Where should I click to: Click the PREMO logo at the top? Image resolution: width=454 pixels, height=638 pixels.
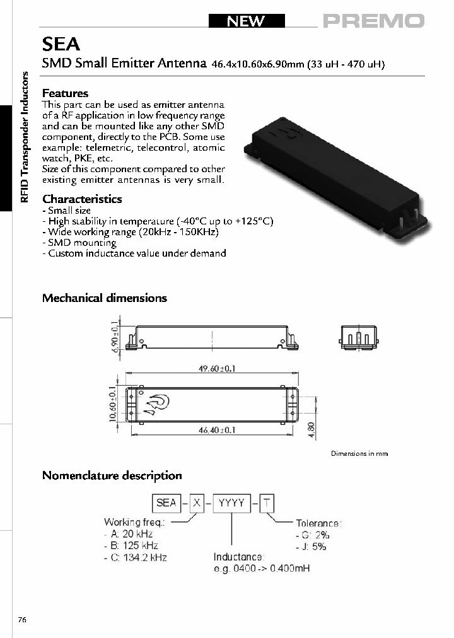click(x=374, y=21)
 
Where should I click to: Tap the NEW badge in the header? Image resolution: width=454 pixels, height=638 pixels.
click(x=247, y=21)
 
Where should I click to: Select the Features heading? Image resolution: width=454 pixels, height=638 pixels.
click(x=65, y=93)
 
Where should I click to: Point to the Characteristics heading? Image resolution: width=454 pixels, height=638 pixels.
click(x=82, y=199)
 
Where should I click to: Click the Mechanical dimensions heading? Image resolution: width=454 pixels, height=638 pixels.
click(x=104, y=298)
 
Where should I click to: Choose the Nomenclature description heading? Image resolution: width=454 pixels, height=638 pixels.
click(x=112, y=475)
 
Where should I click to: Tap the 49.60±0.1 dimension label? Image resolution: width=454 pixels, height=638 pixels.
click(x=212, y=369)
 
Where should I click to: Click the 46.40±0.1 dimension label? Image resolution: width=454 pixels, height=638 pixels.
click(x=212, y=430)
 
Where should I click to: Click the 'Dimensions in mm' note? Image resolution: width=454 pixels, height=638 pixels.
click(x=359, y=453)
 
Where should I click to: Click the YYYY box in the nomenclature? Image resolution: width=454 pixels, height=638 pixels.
click(x=231, y=502)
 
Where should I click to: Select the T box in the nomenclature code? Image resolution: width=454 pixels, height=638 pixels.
click(x=268, y=502)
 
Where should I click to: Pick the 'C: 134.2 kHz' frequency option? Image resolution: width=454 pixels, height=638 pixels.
click(x=136, y=557)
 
